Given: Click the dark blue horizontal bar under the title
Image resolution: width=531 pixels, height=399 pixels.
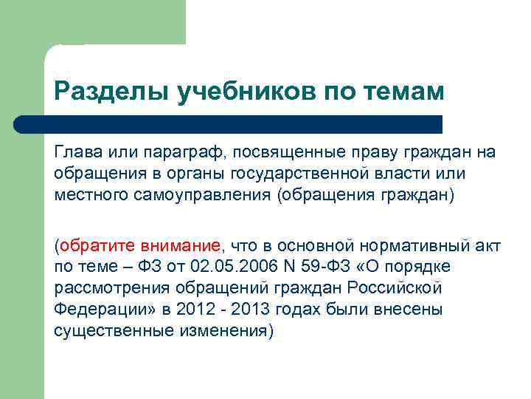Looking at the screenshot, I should pyautogui.click(x=229, y=124).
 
